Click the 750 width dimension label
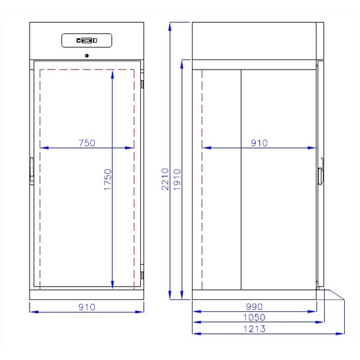coord(87,143)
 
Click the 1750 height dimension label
coord(107,179)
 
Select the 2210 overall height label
coord(165,179)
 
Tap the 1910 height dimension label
coord(177,179)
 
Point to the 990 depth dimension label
coord(255,306)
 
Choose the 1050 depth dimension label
coord(255,317)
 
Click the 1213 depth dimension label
coord(255,329)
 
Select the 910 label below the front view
coord(87,307)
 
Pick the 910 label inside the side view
coord(259,143)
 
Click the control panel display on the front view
coord(87,40)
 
